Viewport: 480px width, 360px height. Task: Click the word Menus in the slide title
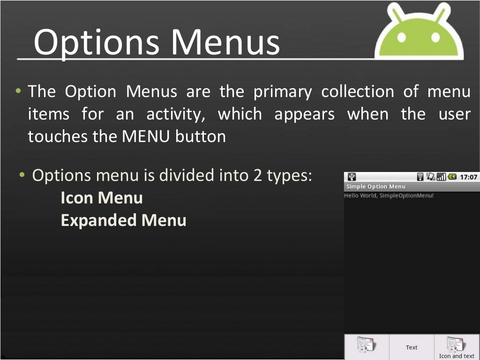point(225,42)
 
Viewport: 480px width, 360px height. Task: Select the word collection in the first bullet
point(358,91)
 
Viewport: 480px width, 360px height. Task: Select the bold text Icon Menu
point(102,198)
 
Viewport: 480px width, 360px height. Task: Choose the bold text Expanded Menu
point(124,220)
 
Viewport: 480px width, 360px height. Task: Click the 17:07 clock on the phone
point(468,177)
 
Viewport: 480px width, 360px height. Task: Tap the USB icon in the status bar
point(352,177)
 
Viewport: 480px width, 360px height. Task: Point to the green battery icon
point(453,177)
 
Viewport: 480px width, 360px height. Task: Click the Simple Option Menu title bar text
point(375,187)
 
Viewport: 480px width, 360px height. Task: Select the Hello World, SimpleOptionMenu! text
point(389,195)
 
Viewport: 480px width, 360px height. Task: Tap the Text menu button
point(412,347)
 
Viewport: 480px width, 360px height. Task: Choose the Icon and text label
point(457,356)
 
